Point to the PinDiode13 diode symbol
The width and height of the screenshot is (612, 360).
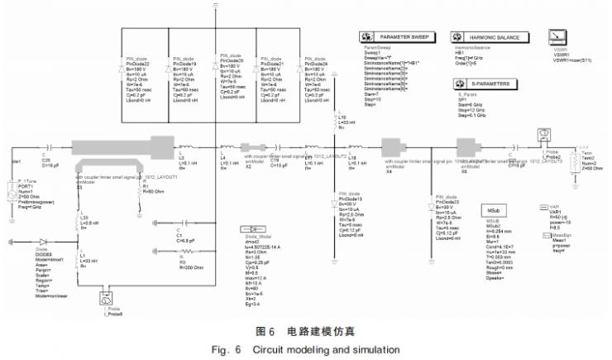[333, 189]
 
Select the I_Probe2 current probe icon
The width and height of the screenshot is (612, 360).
[546, 133]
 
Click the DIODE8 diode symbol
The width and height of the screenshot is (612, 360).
[33, 242]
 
